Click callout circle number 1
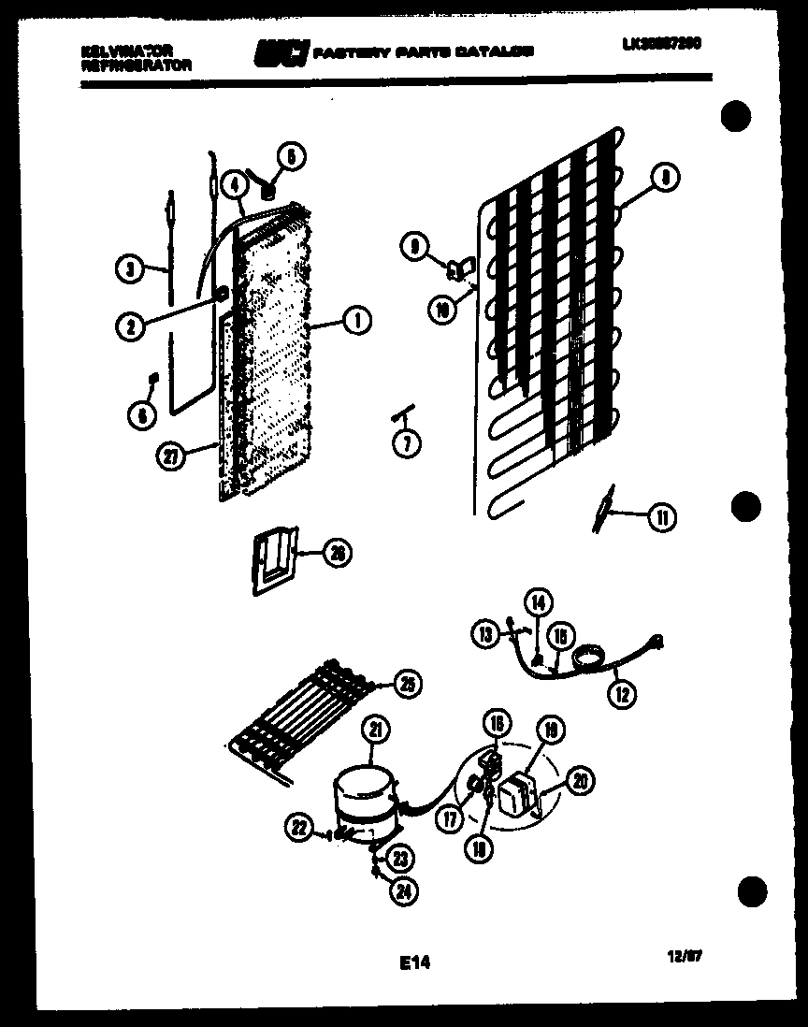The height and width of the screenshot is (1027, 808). click(355, 322)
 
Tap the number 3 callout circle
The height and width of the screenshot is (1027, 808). click(130, 269)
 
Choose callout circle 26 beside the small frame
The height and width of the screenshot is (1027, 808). click(338, 553)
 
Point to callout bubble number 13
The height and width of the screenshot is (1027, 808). click(486, 636)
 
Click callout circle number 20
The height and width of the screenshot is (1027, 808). click(579, 781)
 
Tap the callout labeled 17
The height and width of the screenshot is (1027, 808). click(451, 819)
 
